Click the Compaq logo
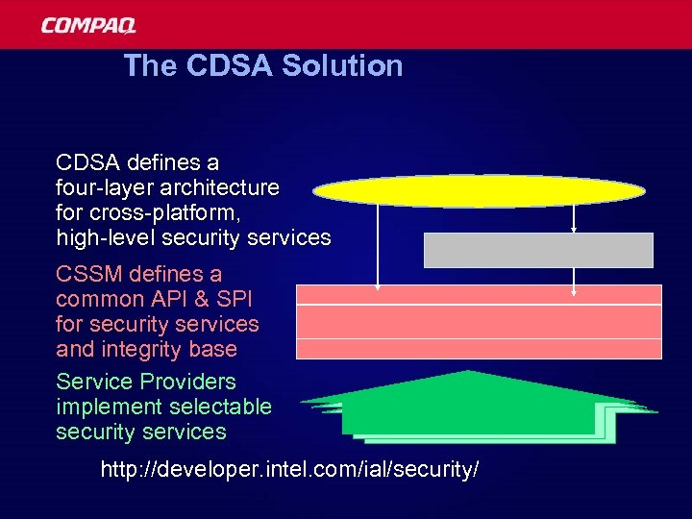(88, 25)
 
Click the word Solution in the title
(346, 66)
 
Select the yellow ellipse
(479, 190)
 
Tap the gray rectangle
(538, 250)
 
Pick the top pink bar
(479, 294)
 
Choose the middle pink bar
(479, 321)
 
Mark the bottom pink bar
(479, 348)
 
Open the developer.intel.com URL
(289, 470)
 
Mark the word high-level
(106, 237)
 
